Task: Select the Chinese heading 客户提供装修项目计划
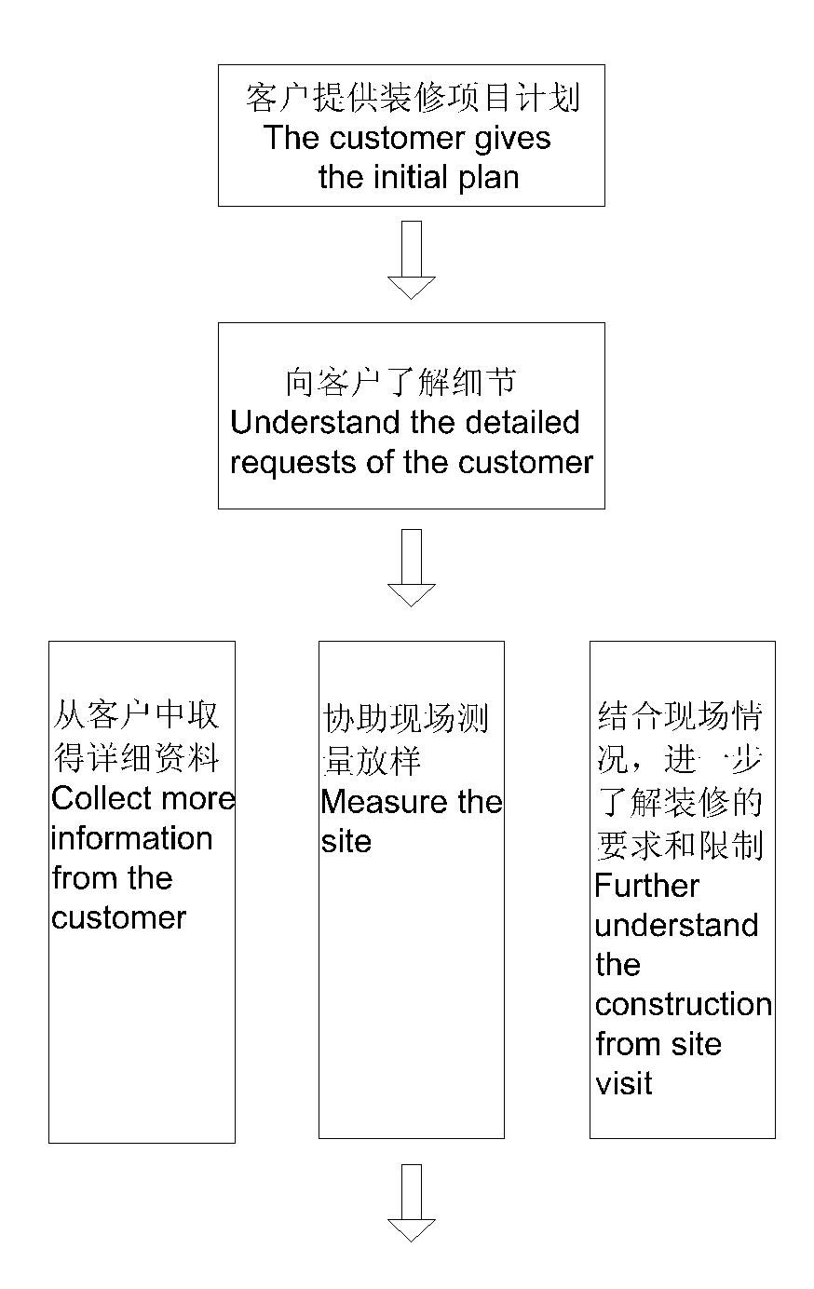414,98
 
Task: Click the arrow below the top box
411,260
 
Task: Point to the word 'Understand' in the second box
305,423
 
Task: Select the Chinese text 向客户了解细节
400,382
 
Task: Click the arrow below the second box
411,567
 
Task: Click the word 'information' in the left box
131,838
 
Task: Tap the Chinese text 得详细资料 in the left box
136,758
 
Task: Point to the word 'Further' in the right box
646,886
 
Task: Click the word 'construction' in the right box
683,1004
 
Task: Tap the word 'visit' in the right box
623,1083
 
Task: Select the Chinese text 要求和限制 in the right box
679,845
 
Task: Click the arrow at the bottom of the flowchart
411,1202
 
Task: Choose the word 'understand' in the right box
676,925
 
